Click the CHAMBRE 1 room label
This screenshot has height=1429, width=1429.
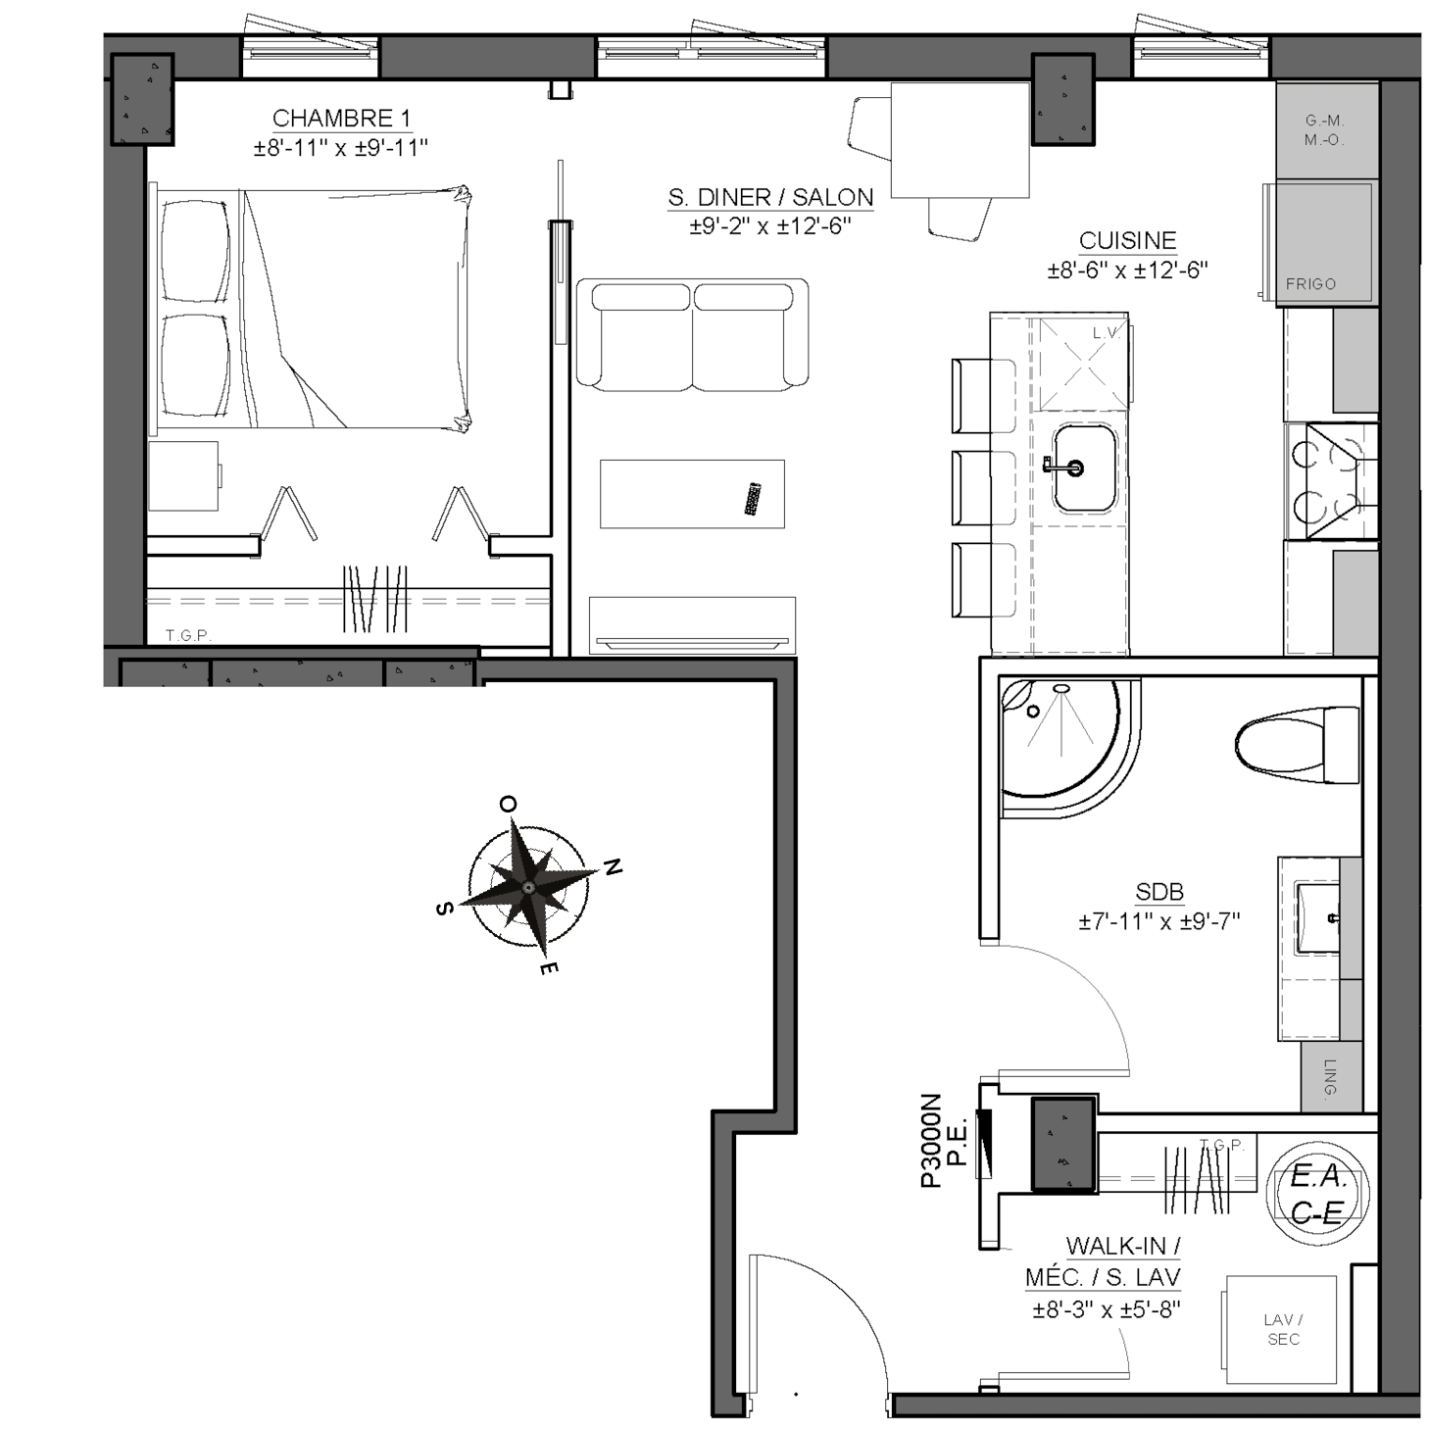[x=341, y=119]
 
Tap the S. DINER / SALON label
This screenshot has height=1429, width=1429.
[x=770, y=198]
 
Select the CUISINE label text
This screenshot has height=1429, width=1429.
[x=1127, y=241]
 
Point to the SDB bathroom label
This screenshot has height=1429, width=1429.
[x=1159, y=892]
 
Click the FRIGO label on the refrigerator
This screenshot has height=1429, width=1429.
[x=1310, y=284]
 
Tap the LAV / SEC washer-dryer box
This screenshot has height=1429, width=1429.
[x=1281, y=1330]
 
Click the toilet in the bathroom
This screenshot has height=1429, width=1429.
[x=1297, y=744]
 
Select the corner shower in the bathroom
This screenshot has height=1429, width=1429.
[x=1070, y=748]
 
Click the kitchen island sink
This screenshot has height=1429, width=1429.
[x=1084, y=468]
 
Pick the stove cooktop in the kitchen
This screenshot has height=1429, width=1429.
[x=1332, y=480]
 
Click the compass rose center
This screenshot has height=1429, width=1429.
[x=528, y=887]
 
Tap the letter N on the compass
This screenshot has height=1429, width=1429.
[x=613, y=866]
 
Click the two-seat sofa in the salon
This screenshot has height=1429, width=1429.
[x=692, y=334]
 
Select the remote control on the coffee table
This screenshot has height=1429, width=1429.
[x=754, y=498]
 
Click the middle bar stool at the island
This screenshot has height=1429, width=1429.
[x=983, y=488]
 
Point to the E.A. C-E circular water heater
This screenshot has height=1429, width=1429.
[x=1318, y=1195]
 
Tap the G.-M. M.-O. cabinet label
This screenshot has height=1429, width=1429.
[x=1324, y=129]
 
